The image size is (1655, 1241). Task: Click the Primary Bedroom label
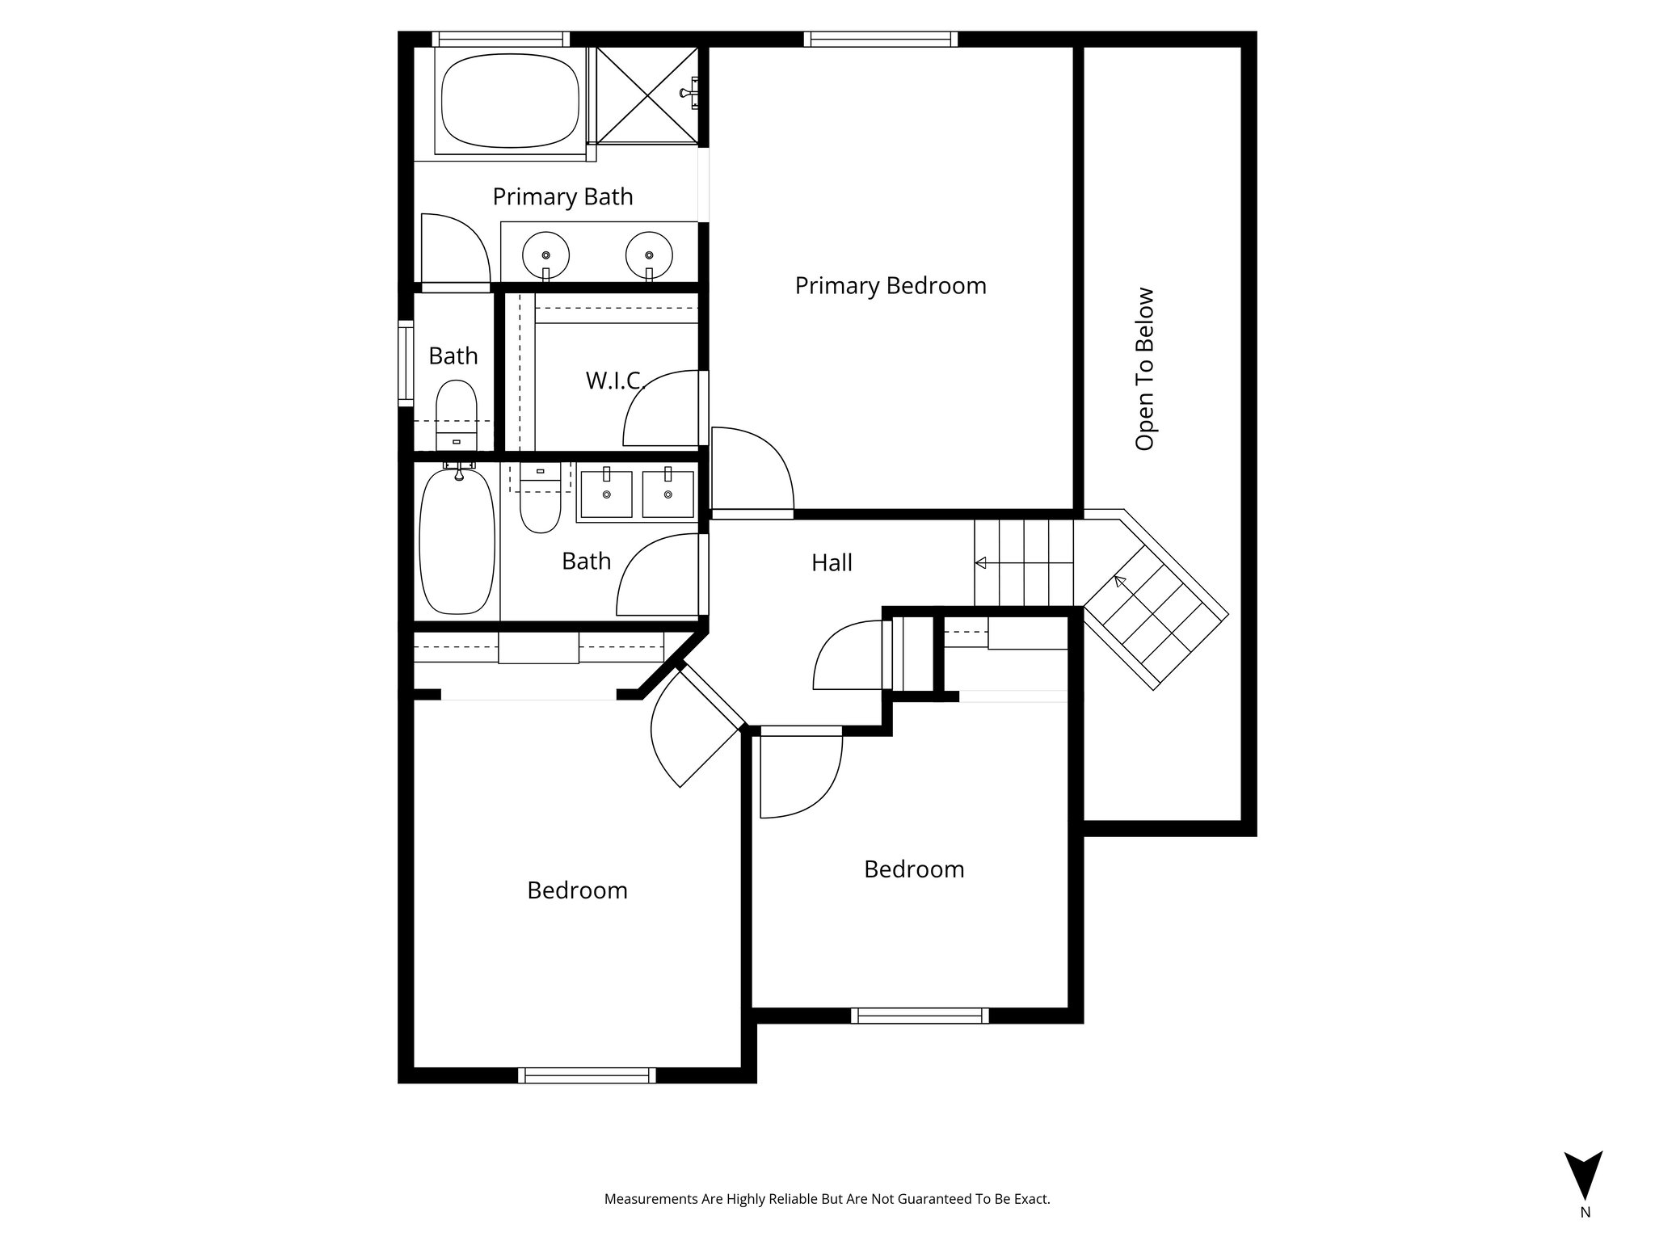[x=890, y=285]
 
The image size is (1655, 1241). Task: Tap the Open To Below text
[x=1144, y=369]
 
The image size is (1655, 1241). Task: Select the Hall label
[x=832, y=562]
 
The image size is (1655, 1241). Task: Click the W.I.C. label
[x=615, y=381]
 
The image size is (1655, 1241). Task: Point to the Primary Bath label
[x=562, y=196]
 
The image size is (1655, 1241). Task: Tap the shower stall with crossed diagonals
[x=646, y=95]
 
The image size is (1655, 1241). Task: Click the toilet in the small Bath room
[x=457, y=412]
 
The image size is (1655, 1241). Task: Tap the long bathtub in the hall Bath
[x=457, y=541]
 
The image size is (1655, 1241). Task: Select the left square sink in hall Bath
[x=606, y=494]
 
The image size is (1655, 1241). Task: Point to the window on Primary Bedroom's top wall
[x=880, y=39]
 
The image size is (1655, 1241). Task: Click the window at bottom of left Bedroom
[x=587, y=1075]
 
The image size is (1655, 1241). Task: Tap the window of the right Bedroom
[x=920, y=1016]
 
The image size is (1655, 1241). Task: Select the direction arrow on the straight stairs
[x=983, y=562]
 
